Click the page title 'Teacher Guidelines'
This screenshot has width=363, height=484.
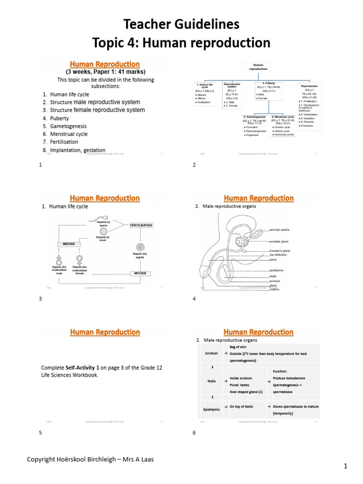click(181, 24)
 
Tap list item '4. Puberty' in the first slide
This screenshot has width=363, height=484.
click(56, 118)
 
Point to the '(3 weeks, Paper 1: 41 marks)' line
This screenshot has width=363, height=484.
click(105, 72)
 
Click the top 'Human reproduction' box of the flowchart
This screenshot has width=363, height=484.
click(258, 67)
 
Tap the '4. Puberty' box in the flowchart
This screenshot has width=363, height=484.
click(268, 84)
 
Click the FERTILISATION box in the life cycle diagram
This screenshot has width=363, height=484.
click(141, 225)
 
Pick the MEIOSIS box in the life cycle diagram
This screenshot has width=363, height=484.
click(69, 244)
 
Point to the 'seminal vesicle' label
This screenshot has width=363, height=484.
click(279, 230)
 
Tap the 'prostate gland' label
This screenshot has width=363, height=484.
click(279, 242)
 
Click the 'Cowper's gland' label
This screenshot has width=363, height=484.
click(279, 251)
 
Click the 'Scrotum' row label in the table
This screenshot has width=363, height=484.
click(211, 353)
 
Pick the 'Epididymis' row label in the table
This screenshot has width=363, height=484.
click(212, 409)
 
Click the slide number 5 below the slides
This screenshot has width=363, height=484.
click(41, 432)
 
